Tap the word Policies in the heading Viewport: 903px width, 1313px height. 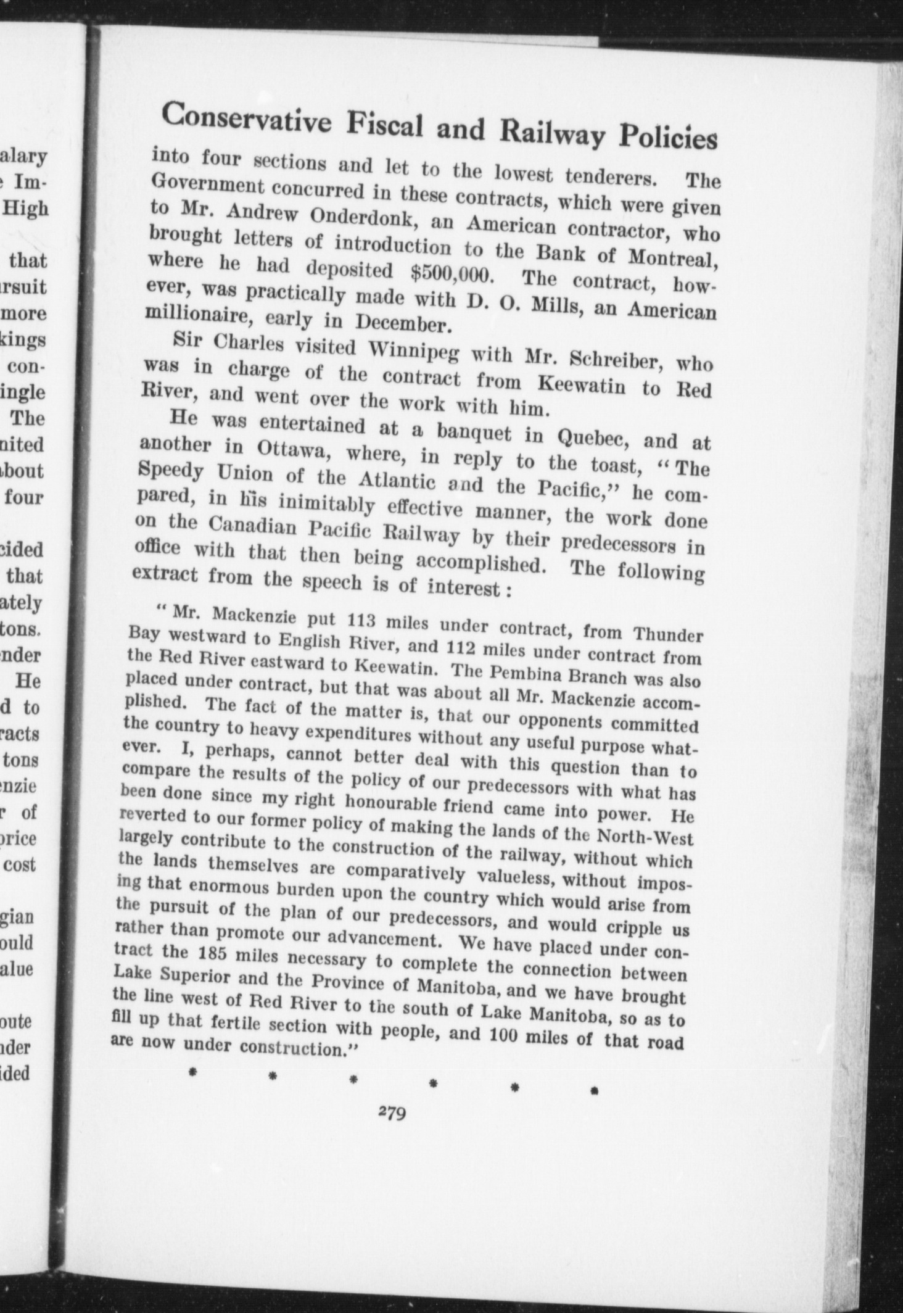tap(671, 136)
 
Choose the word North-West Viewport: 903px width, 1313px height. tap(650, 839)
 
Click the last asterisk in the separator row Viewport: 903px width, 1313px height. tap(593, 1090)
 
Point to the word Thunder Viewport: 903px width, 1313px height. tap(669, 634)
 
